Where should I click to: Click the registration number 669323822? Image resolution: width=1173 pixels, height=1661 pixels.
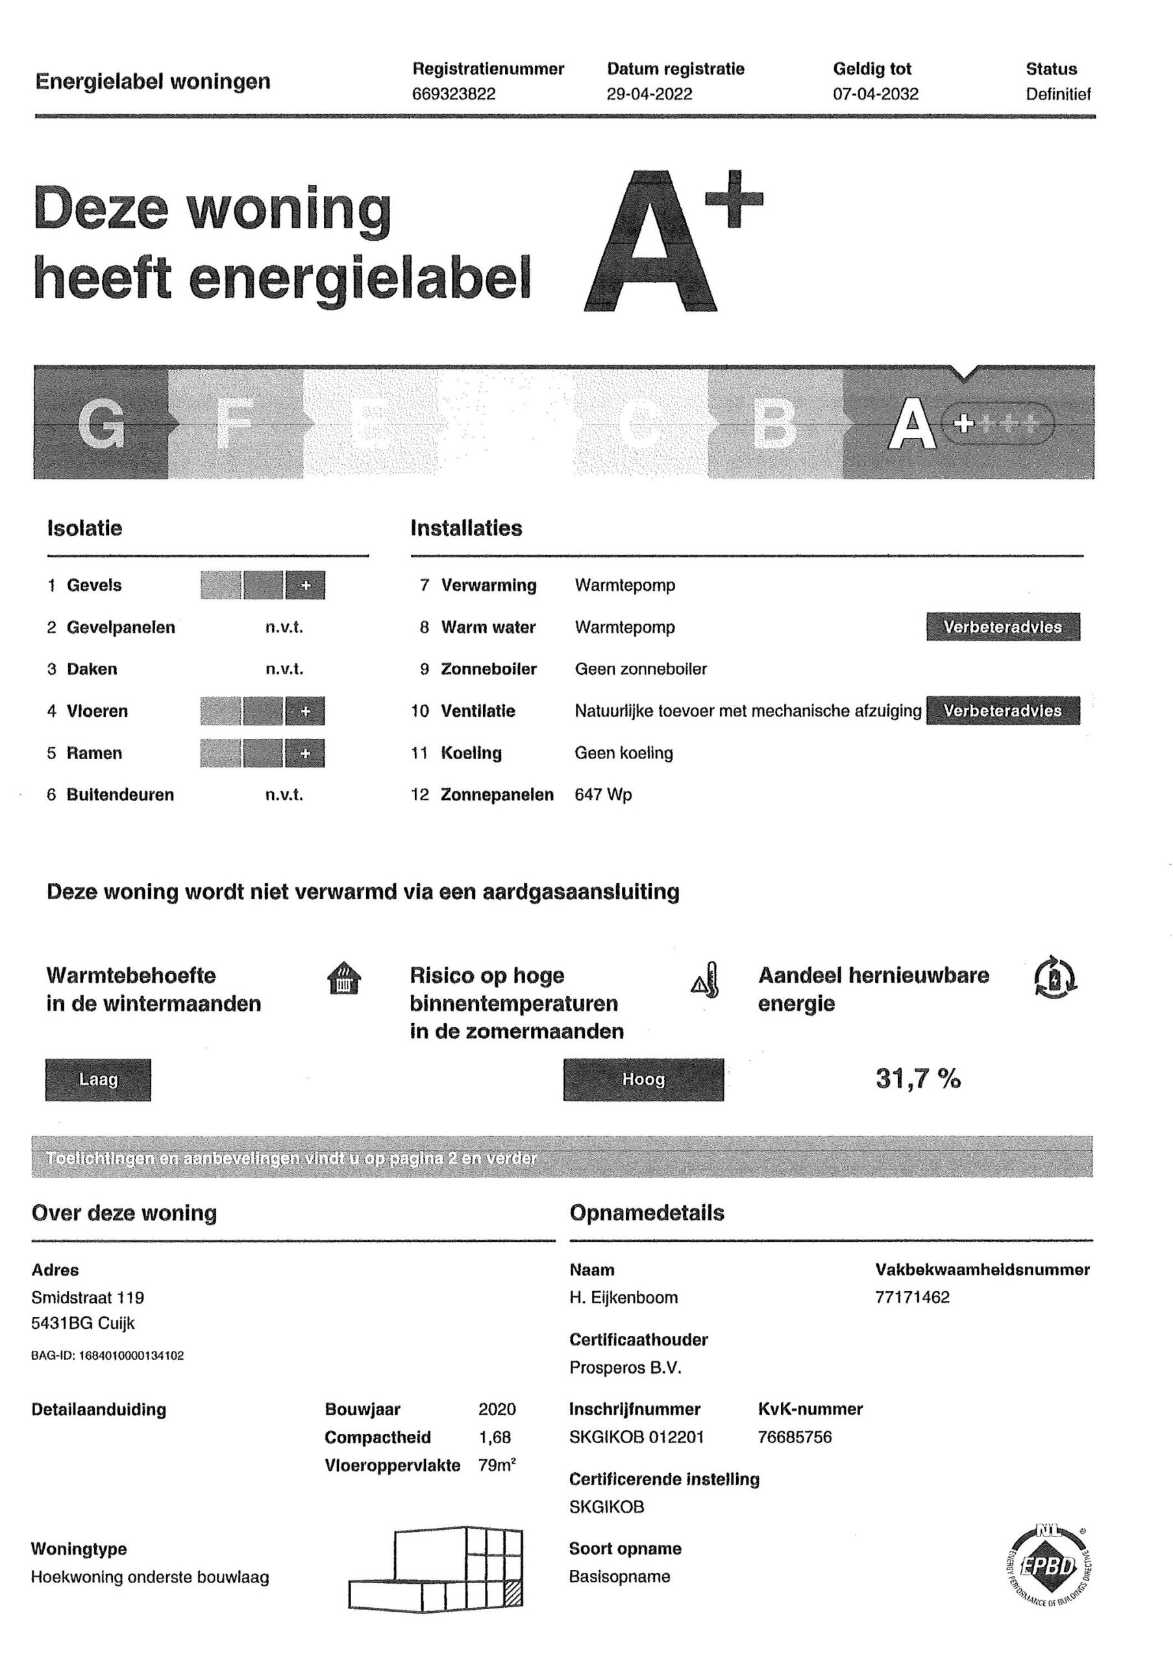(454, 95)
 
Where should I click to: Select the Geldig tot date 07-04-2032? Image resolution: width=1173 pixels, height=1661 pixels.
(875, 95)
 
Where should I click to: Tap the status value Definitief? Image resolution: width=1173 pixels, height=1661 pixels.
(1057, 94)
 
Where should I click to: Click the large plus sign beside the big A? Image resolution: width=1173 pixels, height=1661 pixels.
(734, 199)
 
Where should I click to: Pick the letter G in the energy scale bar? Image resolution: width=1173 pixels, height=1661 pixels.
(101, 424)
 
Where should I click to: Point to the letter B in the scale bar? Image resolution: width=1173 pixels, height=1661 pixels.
(774, 424)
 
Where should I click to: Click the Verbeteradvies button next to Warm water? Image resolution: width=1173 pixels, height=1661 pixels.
(1002, 627)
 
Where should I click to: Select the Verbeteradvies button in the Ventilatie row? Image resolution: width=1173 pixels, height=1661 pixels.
(1002, 711)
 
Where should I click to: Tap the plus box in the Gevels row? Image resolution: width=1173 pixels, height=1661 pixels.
(305, 585)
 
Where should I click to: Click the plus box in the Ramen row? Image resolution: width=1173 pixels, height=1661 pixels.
(305, 753)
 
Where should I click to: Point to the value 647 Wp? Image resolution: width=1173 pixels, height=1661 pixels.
(603, 795)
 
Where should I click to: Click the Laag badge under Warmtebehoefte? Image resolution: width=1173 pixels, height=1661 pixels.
(99, 1080)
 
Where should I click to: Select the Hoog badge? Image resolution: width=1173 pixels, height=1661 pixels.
(643, 1080)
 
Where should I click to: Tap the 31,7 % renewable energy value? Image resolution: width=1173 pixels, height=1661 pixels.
(917, 1080)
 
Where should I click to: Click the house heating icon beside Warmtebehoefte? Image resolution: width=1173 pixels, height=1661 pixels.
(345, 980)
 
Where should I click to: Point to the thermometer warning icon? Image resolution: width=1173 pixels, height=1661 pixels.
(706, 980)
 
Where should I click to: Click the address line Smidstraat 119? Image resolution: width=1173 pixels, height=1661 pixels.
(88, 1298)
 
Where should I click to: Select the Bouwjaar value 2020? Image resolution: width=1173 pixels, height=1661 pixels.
(497, 1409)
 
